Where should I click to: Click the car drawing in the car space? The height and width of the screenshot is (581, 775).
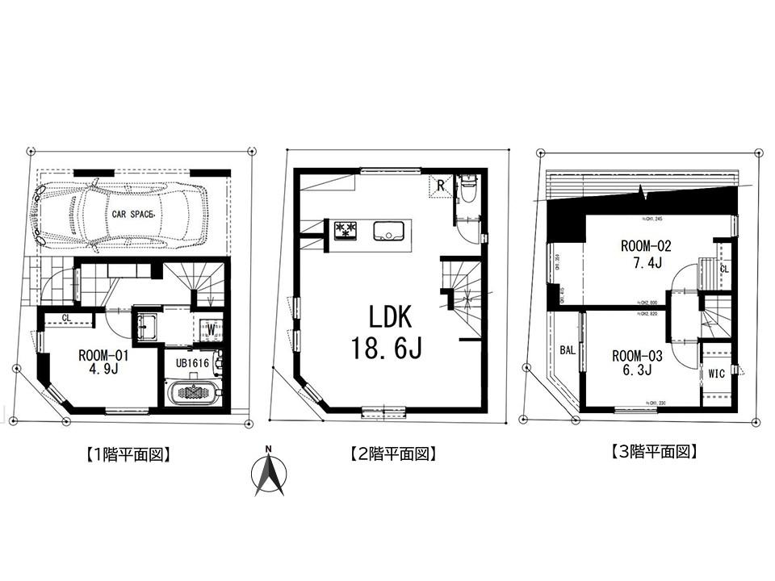coord(117,214)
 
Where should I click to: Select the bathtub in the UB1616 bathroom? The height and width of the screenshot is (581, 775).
coord(193,392)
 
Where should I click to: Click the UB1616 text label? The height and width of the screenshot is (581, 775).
coord(194,364)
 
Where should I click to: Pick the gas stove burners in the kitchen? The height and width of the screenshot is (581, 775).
coord(345,230)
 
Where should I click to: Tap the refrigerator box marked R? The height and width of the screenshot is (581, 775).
coord(441,186)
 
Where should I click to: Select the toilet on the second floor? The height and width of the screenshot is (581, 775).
coord(467,191)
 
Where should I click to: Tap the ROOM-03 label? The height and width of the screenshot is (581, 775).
coord(638,355)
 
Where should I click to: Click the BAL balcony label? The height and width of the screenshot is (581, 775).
coord(567,351)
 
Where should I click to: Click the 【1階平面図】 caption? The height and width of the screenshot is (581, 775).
coord(128,454)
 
